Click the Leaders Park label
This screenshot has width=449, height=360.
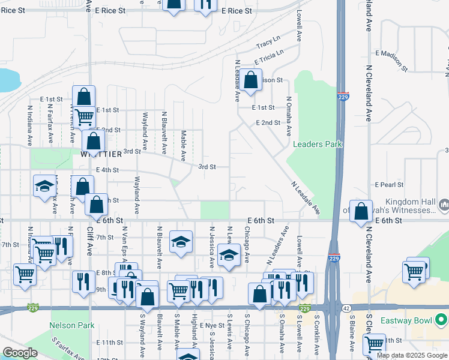(x=317, y=144)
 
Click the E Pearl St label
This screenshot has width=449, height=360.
(x=389, y=185)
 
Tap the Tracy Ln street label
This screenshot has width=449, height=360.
(x=268, y=44)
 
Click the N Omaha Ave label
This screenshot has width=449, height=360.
(x=289, y=116)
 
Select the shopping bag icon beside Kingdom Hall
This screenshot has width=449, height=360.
(x=361, y=212)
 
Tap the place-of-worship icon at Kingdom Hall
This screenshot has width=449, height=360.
(x=444, y=206)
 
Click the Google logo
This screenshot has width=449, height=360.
(x=20, y=353)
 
